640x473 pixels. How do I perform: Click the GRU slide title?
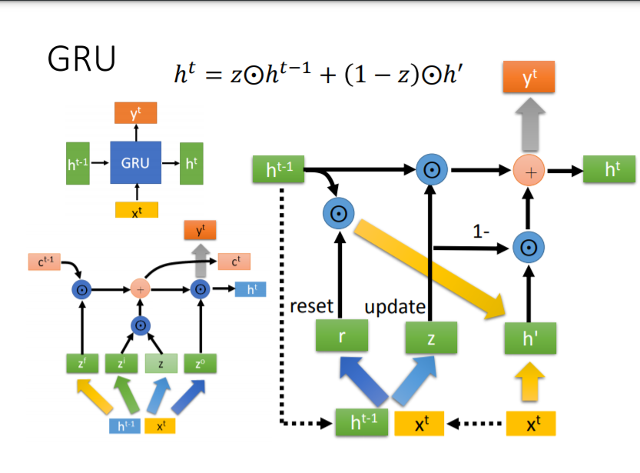[x=81, y=59]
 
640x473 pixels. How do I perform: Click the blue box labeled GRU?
[x=135, y=163]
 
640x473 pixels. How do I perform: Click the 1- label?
[x=483, y=230]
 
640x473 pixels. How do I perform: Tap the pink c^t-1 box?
[x=39, y=262]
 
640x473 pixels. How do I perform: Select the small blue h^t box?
[x=251, y=289]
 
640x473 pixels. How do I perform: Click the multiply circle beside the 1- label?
[x=529, y=248]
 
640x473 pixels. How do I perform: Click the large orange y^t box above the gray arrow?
[x=529, y=77]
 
